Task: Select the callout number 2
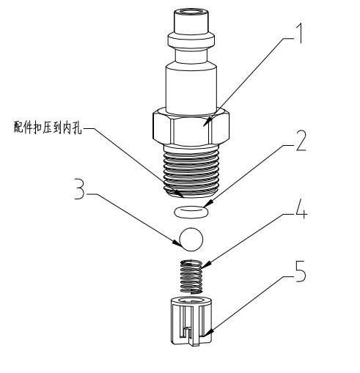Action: tap(301, 140)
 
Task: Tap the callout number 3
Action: tap(79, 189)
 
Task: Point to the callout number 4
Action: tap(301, 208)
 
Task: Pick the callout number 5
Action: tap(301, 271)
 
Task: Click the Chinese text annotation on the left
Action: tap(48, 127)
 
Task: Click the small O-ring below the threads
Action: tap(191, 211)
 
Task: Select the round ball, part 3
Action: tap(191, 240)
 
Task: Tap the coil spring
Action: tap(191, 276)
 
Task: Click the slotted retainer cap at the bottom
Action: tap(191, 321)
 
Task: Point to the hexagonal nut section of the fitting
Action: tap(191, 127)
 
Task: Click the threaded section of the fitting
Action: tap(191, 172)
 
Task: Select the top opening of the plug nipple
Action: tap(191, 12)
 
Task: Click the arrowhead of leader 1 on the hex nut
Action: tap(206, 123)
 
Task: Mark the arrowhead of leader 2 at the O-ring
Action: tap(209, 204)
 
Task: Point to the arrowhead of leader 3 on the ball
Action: tap(177, 243)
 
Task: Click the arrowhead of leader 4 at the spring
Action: tap(206, 265)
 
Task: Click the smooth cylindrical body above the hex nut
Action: tap(191, 88)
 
